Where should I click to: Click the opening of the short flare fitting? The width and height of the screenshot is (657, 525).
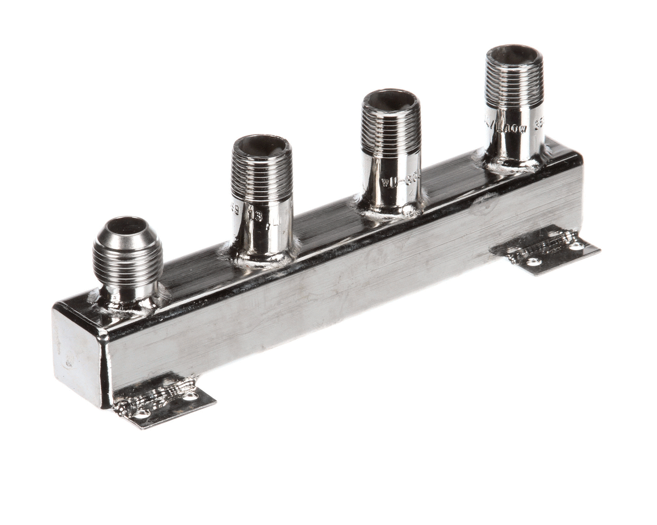pos(126,225)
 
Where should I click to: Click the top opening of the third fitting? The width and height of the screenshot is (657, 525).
pos(390,100)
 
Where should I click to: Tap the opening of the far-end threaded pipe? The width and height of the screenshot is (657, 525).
pos(514,55)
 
